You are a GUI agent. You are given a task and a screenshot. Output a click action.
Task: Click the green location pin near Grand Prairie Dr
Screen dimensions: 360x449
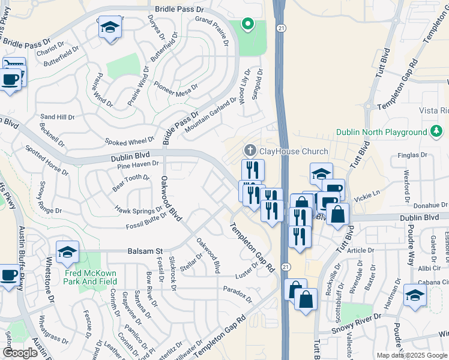[247, 25]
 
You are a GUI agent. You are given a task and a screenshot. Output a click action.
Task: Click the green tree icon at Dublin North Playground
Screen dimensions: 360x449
[436, 131]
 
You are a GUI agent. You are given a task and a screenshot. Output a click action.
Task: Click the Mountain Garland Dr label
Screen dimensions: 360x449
[211, 116]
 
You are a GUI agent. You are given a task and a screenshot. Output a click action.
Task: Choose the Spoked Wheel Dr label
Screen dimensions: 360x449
[130, 142]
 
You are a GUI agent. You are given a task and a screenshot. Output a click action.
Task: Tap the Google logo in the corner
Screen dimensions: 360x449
[20, 353]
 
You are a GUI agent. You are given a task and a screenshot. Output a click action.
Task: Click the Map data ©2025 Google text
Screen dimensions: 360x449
[412, 355]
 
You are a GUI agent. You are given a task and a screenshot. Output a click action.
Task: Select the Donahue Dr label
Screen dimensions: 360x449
[429, 205]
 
